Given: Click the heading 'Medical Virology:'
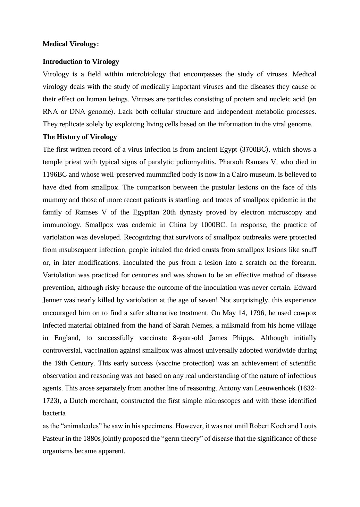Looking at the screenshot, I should tap(71, 44).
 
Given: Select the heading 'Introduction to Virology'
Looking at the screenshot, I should tap(81, 62).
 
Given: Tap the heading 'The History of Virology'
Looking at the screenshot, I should tap(80, 137).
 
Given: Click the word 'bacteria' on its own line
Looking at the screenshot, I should tap(54, 413).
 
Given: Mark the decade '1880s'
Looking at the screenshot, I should tap(92, 439).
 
